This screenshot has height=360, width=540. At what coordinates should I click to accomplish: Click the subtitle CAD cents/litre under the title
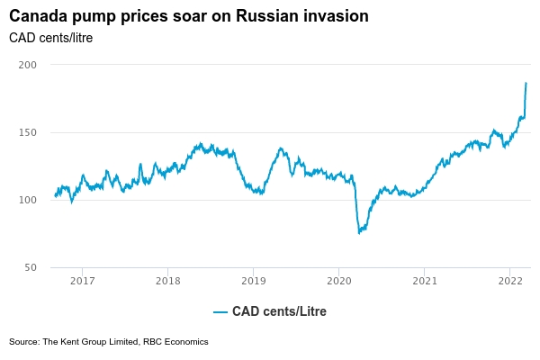coord(50,38)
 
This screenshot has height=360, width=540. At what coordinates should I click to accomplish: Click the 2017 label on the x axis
coord(82,281)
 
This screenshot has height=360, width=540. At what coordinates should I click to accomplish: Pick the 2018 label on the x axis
coord(167,281)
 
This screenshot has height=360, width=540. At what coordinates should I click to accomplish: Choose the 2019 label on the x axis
coord(253,281)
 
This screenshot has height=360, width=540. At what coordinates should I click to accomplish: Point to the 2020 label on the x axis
coord(338,281)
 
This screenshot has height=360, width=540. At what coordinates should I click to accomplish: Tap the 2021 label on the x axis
coord(425,281)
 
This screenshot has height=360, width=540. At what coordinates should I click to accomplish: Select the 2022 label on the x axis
coord(510,281)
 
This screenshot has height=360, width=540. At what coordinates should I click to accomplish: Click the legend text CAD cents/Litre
coord(279,312)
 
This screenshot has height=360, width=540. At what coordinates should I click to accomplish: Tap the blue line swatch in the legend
coord(220,312)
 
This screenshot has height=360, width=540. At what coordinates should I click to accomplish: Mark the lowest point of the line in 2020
coord(358,233)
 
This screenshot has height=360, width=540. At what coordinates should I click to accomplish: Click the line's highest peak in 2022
coord(526,83)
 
